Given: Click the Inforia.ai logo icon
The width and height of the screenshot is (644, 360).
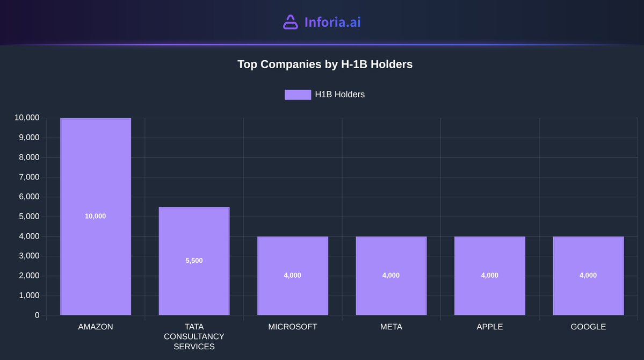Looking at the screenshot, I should point(290,22).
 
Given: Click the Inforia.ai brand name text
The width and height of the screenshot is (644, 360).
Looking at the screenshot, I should point(332,22).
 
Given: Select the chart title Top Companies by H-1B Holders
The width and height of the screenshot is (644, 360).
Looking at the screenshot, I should point(325,64).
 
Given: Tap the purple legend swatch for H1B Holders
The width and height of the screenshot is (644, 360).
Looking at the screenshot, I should point(298,95).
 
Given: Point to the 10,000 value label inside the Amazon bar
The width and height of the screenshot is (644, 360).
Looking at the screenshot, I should point(96,216).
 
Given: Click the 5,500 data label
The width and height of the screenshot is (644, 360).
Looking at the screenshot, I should point(194,261).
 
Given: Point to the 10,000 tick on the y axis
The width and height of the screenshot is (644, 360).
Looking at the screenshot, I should point(27,118).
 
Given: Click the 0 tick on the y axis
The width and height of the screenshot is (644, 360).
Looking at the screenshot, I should point(37,315).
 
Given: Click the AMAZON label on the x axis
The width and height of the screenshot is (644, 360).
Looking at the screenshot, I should point(96,327).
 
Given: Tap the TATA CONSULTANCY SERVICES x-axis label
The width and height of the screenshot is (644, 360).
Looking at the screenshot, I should point(194,336).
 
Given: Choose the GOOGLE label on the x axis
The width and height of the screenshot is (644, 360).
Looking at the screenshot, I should point(588,327).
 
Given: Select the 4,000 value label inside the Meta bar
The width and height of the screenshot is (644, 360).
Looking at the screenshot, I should point(391,275).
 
